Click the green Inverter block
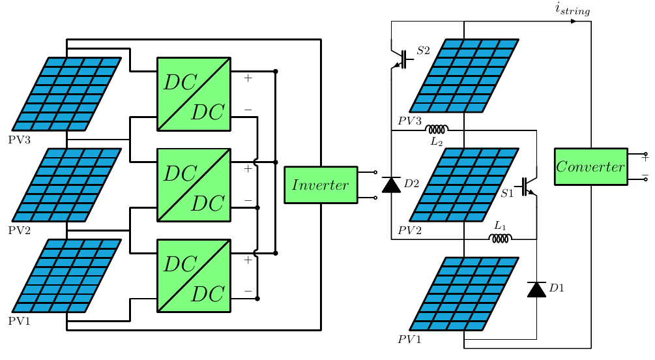(321, 185)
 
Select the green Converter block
(590, 167)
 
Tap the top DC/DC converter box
(194, 94)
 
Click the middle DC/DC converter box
(194, 185)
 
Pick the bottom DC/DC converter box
(194, 276)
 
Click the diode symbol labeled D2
(391, 185)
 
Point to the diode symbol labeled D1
(536, 290)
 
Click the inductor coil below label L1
(500, 238)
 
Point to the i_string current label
(572, 8)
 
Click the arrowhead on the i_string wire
(574, 22)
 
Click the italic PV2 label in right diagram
(409, 230)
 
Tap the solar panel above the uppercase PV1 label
(66, 276)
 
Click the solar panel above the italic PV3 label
(464, 76)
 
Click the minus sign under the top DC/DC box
(248, 110)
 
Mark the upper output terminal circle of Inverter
(375, 173)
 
